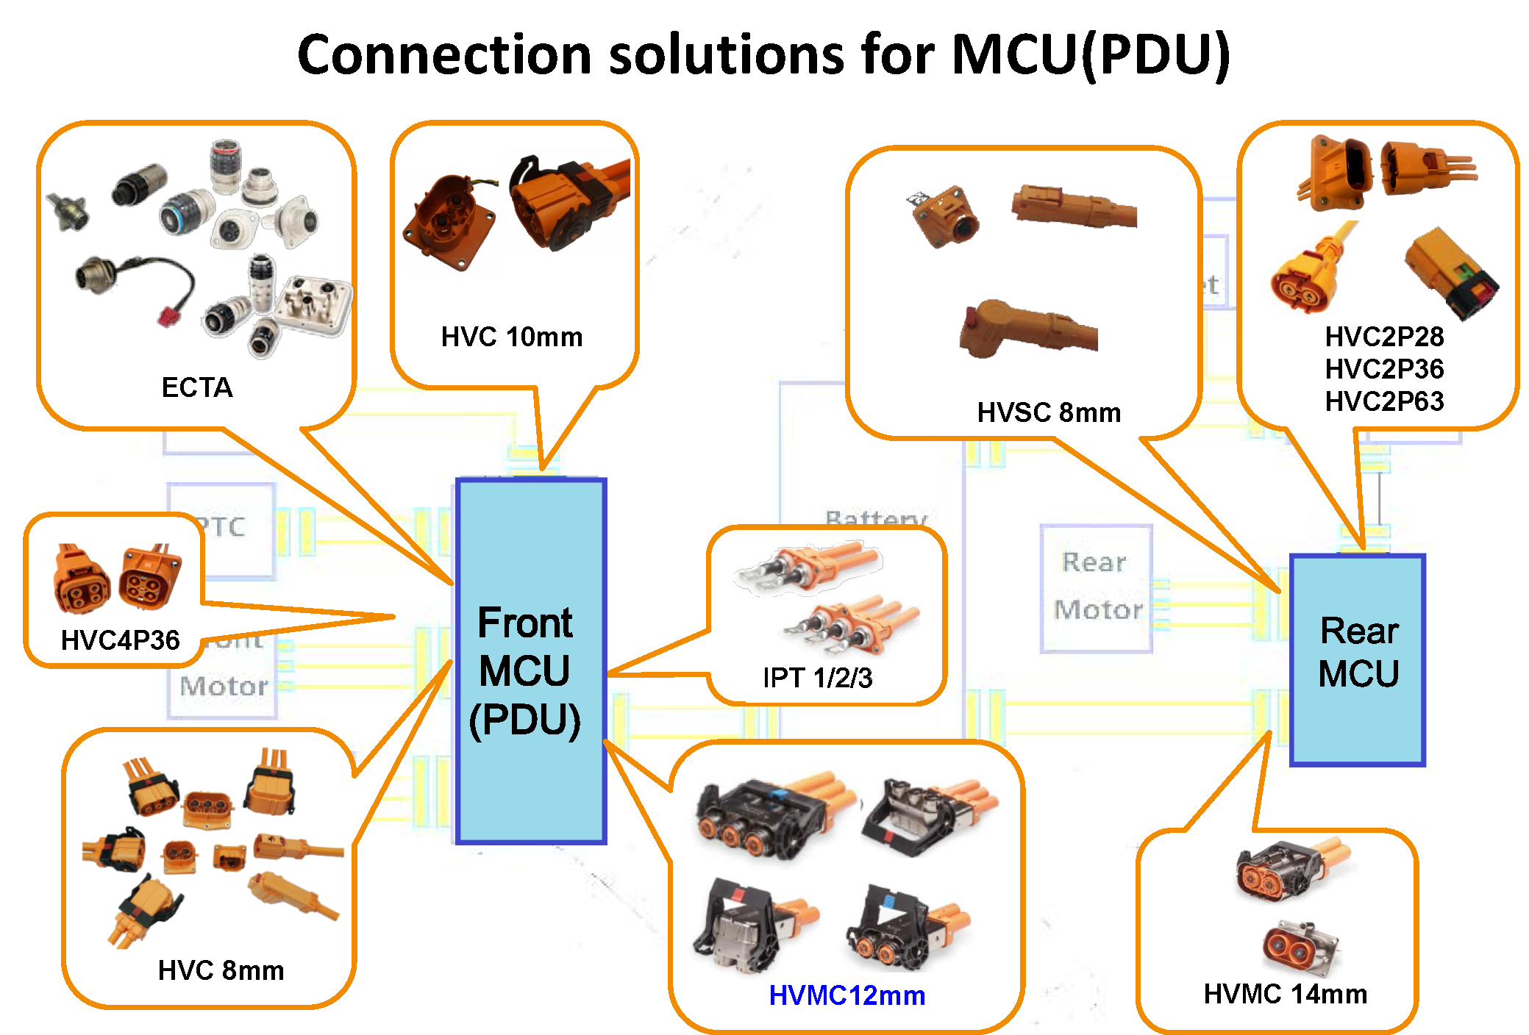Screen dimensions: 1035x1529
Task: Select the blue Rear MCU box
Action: click(x=1357, y=659)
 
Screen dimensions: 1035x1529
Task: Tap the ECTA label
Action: click(x=196, y=387)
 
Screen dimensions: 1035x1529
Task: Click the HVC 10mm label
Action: click(x=511, y=337)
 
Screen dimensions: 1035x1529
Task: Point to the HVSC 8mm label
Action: click(x=1048, y=412)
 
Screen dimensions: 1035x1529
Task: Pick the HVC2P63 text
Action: click(x=1383, y=401)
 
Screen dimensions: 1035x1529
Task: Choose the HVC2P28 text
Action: click(x=1383, y=337)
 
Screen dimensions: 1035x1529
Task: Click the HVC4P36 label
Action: click(x=120, y=640)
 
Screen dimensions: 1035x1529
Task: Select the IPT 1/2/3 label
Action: click(x=817, y=677)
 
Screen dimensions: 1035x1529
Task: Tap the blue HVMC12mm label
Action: click(x=847, y=995)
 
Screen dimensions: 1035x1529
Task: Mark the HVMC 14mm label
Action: click(x=1285, y=994)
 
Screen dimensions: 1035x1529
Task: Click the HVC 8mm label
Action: click(x=221, y=970)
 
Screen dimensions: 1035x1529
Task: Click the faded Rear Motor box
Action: click(x=1096, y=587)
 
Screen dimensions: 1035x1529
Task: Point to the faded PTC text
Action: click(x=222, y=527)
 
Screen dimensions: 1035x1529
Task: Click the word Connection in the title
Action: click(x=444, y=55)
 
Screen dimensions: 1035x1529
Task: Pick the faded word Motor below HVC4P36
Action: click(x=224, y=687)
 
